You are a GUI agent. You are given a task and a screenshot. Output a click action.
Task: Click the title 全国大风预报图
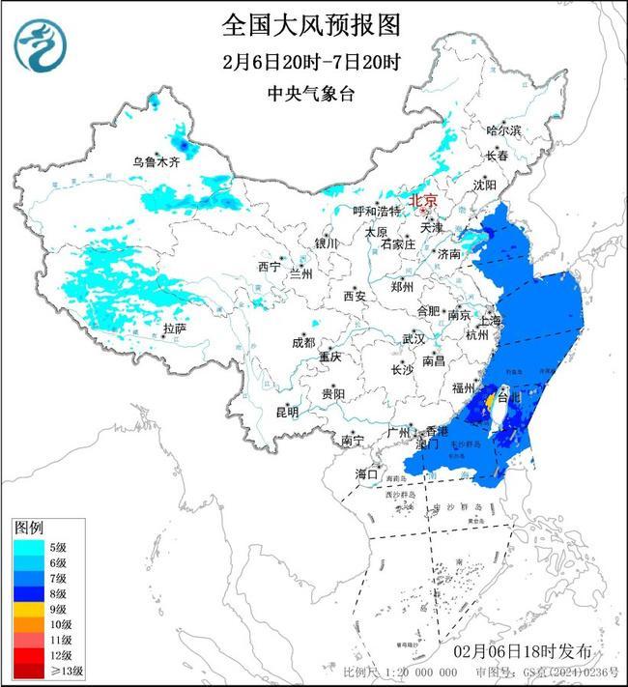coord(310,23)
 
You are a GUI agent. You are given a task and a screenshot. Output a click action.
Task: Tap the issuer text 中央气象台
coord(310,93)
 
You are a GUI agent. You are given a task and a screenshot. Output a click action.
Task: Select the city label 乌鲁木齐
coord(157,162)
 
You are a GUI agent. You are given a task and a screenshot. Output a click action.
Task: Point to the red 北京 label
coord(423,201)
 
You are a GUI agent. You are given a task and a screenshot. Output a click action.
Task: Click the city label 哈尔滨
coord(503,129)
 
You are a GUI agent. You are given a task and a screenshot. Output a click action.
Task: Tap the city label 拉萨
coord(174,329)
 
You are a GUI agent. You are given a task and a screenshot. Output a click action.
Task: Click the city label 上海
coord(490,320)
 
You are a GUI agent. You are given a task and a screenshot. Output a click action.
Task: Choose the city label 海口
coord(367,474)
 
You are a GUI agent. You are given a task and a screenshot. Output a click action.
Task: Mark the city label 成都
coord(303,342)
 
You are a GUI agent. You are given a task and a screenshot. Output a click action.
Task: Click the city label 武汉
coord(414,339)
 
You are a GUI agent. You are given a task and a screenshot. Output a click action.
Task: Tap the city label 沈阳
coord(485,184)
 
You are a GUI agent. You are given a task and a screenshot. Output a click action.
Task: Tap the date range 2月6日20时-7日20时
coord(310,62)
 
